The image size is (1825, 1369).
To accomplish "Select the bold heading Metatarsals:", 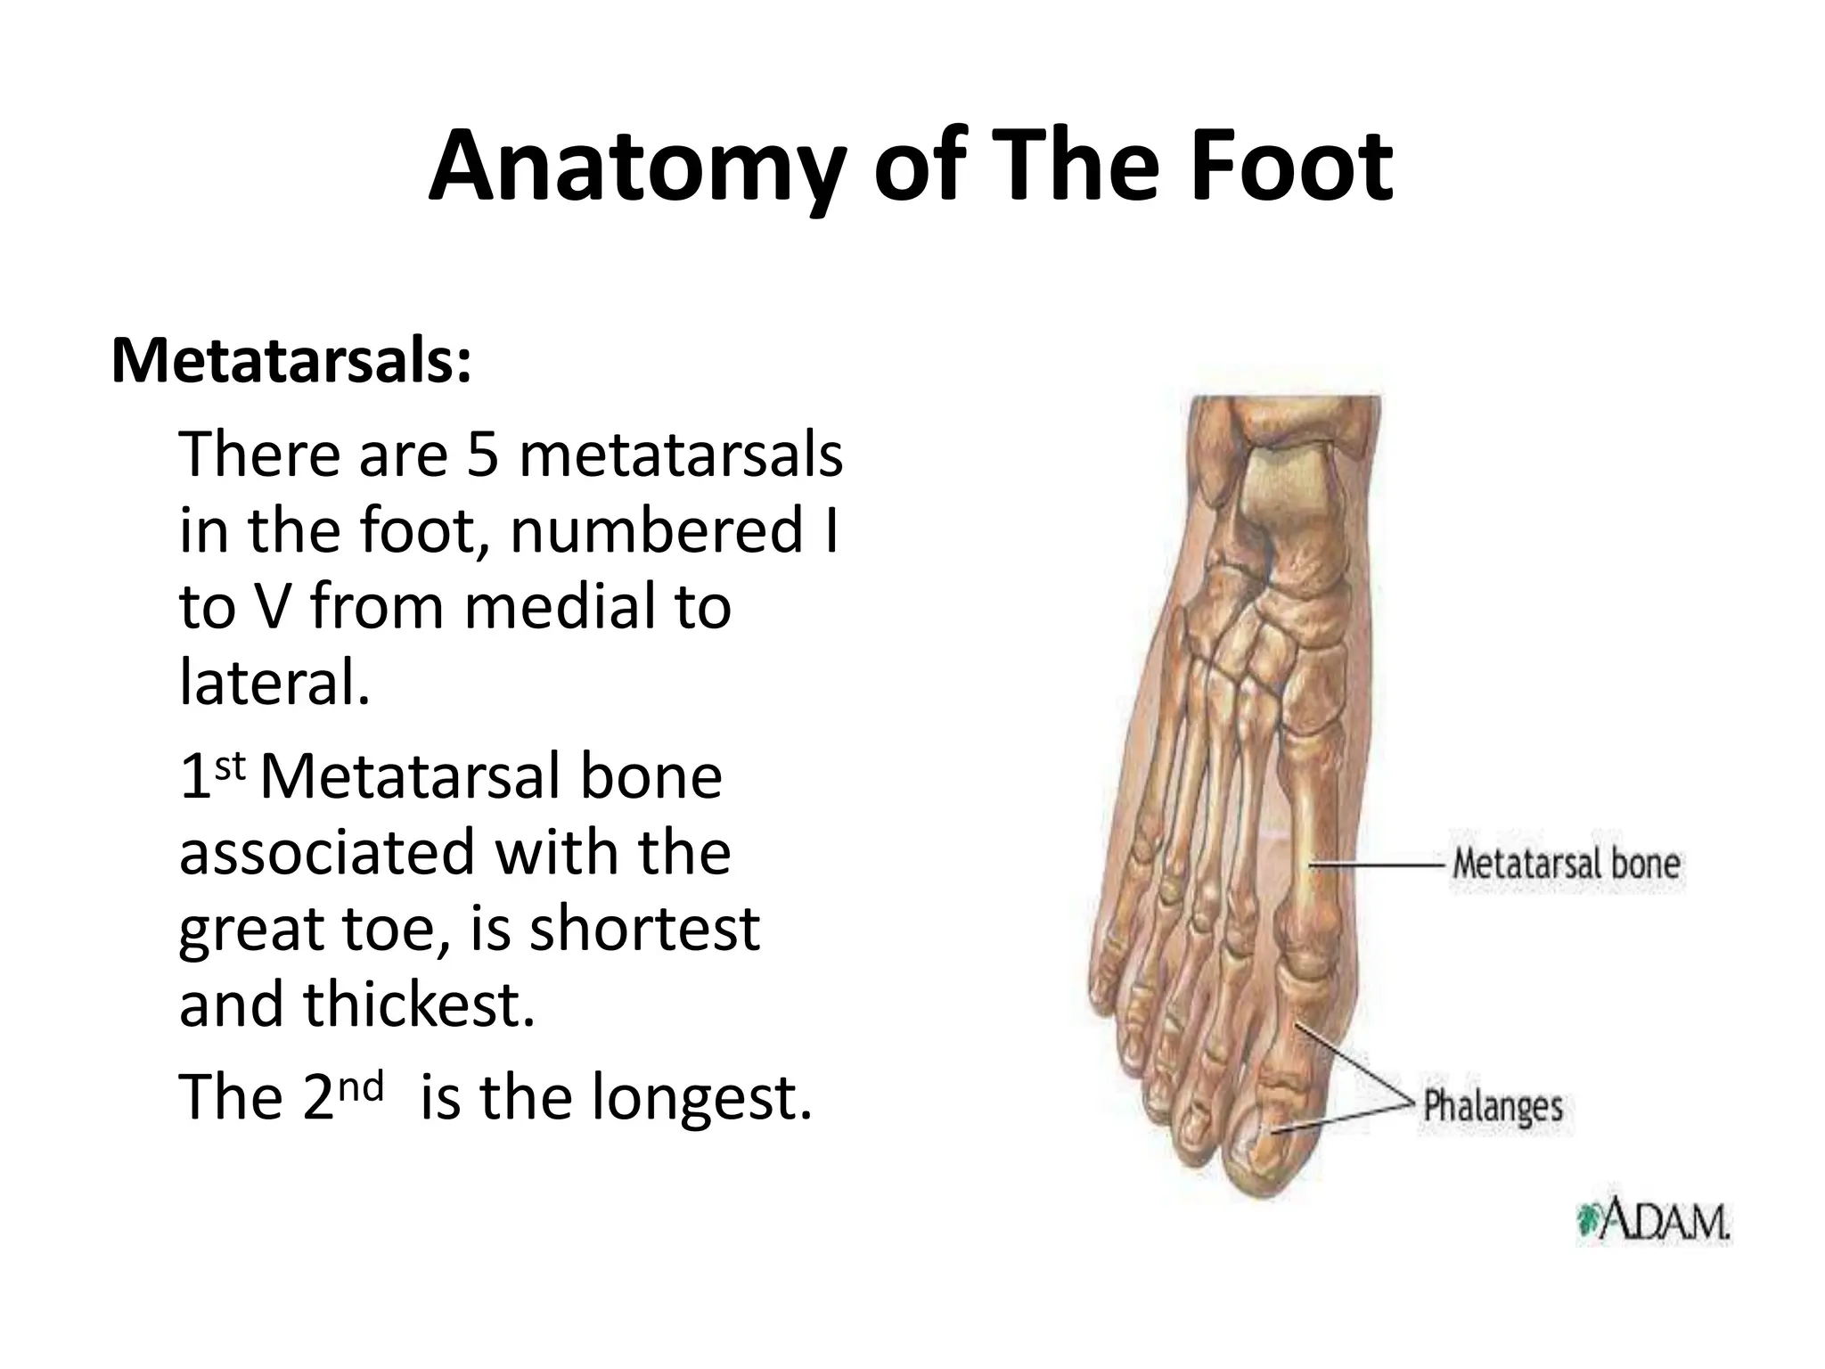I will [291, 361].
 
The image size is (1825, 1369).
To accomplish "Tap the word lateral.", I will [274, 683].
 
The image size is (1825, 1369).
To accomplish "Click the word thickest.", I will [420, 1004].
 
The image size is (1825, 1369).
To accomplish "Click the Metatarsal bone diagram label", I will [1566, 864].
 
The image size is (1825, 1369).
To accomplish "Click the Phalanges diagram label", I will [1493, 1106].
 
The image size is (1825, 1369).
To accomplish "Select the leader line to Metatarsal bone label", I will [1377, 865].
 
